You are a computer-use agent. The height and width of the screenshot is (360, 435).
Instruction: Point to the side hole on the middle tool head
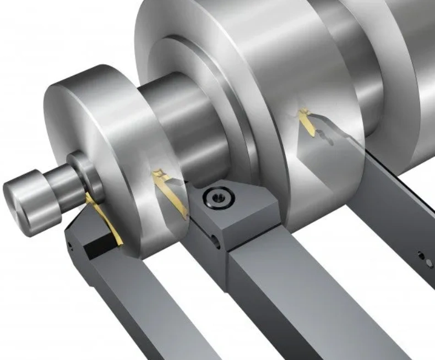pyautogui.click(x=214, y=239)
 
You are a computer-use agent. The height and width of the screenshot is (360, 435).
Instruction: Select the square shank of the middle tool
pyautogui.click(x=308, y=303)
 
